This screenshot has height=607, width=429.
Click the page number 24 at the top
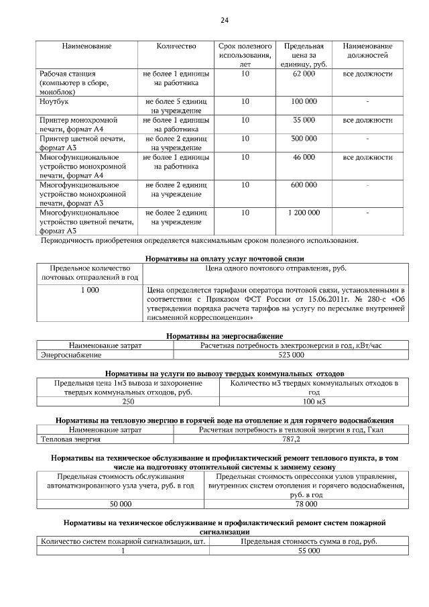[x=225, y=21]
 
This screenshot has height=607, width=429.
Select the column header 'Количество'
[x=176, y=46]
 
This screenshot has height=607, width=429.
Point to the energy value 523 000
[x=291, y=354]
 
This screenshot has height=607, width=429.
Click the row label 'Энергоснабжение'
[x=71, y=354]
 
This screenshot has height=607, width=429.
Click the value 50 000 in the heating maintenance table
[x=121, y=503]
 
